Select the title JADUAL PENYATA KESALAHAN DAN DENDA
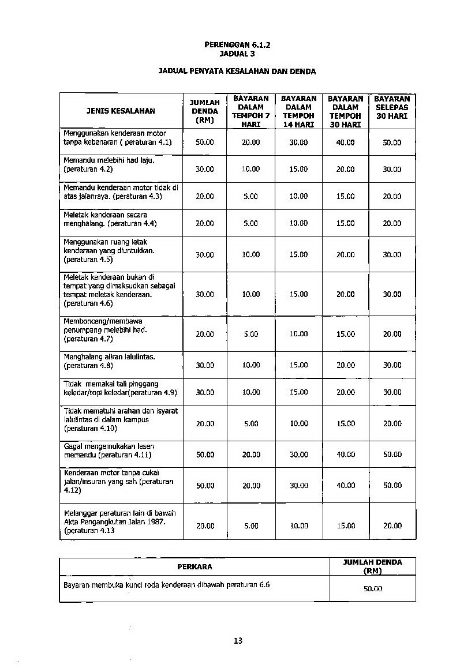[237, 72]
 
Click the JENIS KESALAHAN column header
[121, 111]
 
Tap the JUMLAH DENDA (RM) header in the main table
[204, 111]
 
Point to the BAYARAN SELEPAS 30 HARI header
[392, 111]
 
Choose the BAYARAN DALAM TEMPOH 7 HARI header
[251, 111]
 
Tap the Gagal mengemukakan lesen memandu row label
[109, 450]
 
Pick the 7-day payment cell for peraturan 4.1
[251, 142]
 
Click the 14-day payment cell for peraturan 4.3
[298, 196]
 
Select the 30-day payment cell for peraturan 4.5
[346, 254]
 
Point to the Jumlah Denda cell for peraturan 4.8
[204, 365]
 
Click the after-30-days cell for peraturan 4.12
[392, 486]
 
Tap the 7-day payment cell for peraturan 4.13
[251, 526]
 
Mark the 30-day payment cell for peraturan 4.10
[346, 423]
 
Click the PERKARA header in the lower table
[195, 566]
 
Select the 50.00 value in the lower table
[372, 589]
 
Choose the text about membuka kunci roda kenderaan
[167, 584]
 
